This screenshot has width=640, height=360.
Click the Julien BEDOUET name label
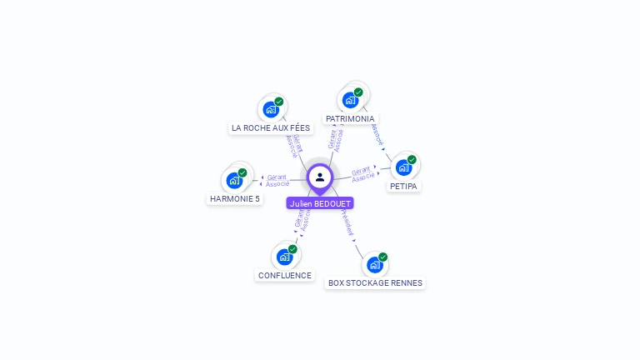[320, 203]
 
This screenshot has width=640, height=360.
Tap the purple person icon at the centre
[320, 177]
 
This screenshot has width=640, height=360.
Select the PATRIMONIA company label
[350, 119]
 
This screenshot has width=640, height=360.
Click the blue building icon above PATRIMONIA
[351, 100]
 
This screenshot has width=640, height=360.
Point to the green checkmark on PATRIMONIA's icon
[358, 92]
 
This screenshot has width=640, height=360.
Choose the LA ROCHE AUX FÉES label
[271, 128]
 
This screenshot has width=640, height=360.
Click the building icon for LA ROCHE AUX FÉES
[271, 109]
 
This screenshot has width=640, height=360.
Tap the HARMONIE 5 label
[235, 199]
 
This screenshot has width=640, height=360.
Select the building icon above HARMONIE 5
[234, 180]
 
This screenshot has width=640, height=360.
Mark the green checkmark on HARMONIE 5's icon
[242, 172]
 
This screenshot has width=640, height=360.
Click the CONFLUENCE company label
[285, 276]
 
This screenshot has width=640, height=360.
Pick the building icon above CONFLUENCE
[284, 257]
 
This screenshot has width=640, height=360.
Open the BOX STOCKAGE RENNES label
[375, 283]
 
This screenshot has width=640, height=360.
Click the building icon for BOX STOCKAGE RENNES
[375, 264]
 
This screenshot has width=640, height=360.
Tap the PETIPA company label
[403, 187]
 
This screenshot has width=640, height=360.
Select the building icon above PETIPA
[403, 167]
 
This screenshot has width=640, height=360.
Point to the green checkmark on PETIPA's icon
[412, 159]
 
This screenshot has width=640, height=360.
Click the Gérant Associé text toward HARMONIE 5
[277, 180]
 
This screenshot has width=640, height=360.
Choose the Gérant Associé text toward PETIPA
[362, 174]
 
